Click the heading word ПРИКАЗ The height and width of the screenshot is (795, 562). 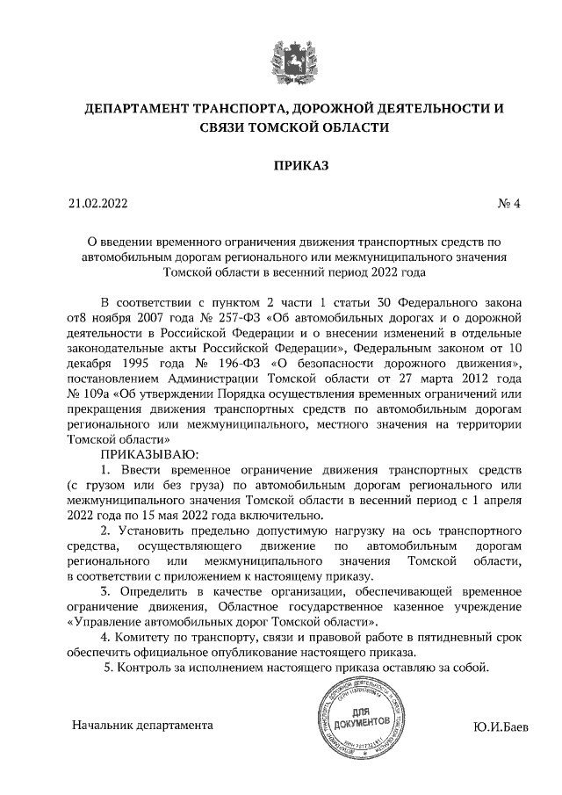pyautogui.click(x=280, y=165)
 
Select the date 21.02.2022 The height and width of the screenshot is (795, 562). pyautogui.click(x=98, y=205)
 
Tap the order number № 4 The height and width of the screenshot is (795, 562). pyautogui.click(x=509, y=205)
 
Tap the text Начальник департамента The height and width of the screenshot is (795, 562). pyautogui.click(x=142, y=726)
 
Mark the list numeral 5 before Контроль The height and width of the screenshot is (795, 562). pyautogui.click(x=108, y=668)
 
